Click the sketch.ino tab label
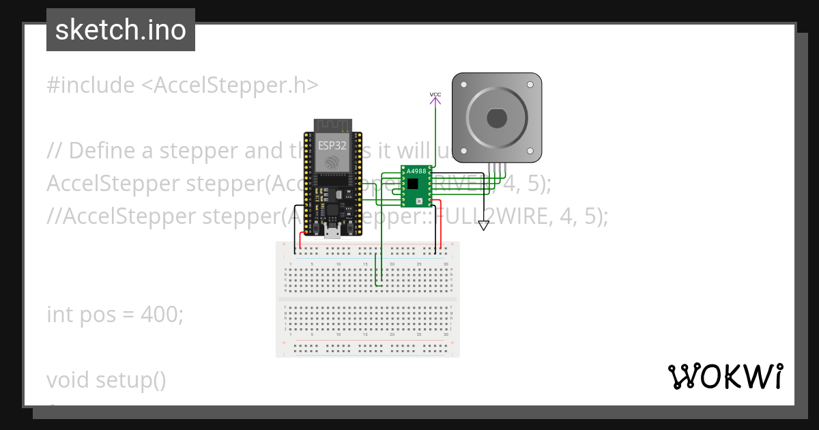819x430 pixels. [x=121, y=30]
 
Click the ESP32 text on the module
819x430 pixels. [x=332, y=145]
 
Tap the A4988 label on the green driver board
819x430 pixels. [x=416, y=171]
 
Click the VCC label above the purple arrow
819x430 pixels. [x=435, y=94]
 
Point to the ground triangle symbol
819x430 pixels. [x=484, y=225]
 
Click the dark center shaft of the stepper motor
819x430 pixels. [x=497, y=118]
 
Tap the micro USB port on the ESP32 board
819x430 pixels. [x=332, y=233]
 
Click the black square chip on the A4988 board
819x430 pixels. [x=412, y=184]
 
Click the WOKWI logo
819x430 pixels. [x=725, y=377]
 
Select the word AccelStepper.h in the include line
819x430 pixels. [x=230, y=85]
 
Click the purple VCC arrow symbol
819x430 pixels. [x=435, y=102]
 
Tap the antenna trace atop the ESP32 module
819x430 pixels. [x=332, y=126]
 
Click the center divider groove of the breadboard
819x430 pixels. [x=368, y=299]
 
